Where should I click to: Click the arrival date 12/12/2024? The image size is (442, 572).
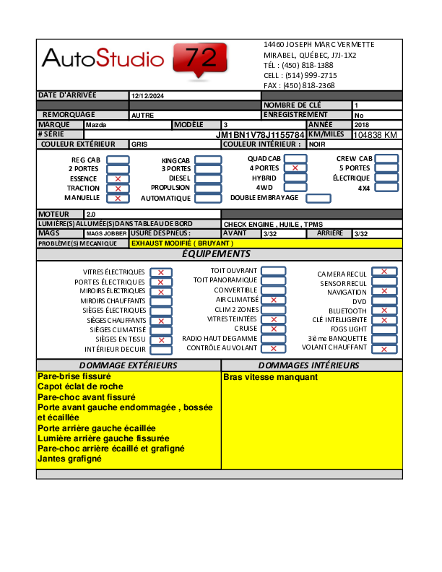coord(148,95)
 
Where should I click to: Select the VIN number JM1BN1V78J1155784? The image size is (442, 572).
coord(260,135)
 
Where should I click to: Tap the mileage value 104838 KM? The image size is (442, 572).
coord(376,135)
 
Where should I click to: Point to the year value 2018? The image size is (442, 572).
coord(361,125)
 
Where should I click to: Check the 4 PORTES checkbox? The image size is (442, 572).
coord(295,168)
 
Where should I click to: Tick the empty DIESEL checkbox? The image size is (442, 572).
coord(208,178)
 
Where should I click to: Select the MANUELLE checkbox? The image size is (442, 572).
coord(118,198)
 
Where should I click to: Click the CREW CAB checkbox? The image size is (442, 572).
coord(386,159)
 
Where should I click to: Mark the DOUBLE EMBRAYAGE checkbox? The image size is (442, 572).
coord(318,198)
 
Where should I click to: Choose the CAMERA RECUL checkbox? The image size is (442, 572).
coord(384,272)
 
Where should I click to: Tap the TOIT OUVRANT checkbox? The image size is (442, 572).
coord(273,271)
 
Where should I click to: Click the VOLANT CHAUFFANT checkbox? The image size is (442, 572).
coord(384,349)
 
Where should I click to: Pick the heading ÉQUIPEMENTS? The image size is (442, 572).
coord(216,254)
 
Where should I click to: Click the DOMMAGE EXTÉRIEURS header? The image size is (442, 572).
coord(128,365)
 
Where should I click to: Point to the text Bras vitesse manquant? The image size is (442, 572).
coord(270,377)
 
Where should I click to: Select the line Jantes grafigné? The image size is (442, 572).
coord(69,459)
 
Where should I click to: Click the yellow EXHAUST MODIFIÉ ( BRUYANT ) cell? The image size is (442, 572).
coord(181,243)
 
